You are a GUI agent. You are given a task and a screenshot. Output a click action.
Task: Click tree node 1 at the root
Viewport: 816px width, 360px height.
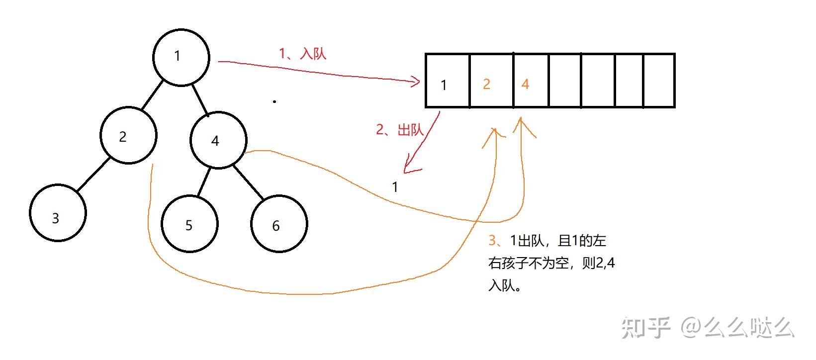(181, 57)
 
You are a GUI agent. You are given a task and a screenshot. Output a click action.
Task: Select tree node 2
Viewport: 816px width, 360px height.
(128, 135)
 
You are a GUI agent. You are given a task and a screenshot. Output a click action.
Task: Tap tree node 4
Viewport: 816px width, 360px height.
(218, 140)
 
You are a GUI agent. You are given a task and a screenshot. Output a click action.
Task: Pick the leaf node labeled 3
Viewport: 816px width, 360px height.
(58, 213)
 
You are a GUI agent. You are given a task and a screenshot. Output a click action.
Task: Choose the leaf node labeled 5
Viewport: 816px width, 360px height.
(189, 224)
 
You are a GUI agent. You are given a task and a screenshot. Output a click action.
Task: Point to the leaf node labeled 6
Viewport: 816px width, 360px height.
(279, 224)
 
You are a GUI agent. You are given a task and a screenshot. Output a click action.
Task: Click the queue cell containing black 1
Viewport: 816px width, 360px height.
(448, 81)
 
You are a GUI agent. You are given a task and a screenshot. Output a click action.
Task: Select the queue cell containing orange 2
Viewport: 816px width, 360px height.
(491, 81)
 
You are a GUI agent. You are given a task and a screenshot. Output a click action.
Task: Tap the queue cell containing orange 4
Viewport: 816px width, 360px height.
(531, 81)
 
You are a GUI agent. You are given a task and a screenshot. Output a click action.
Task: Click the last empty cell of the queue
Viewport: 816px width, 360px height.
(659, 81)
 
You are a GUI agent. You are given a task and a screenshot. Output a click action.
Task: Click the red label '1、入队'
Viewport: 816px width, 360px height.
(302, 53)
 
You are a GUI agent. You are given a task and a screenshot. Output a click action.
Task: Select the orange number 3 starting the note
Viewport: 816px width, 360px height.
(492, 241)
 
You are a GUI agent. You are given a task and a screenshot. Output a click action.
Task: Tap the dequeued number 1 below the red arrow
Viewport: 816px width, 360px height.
(395, 187)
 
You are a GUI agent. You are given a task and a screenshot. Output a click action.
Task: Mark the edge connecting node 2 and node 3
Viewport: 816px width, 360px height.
(93, 174)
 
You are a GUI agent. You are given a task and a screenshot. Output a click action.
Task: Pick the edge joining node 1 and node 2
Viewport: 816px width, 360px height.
(152, 94)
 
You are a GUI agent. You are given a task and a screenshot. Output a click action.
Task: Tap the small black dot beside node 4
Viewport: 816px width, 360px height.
(274, 101)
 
